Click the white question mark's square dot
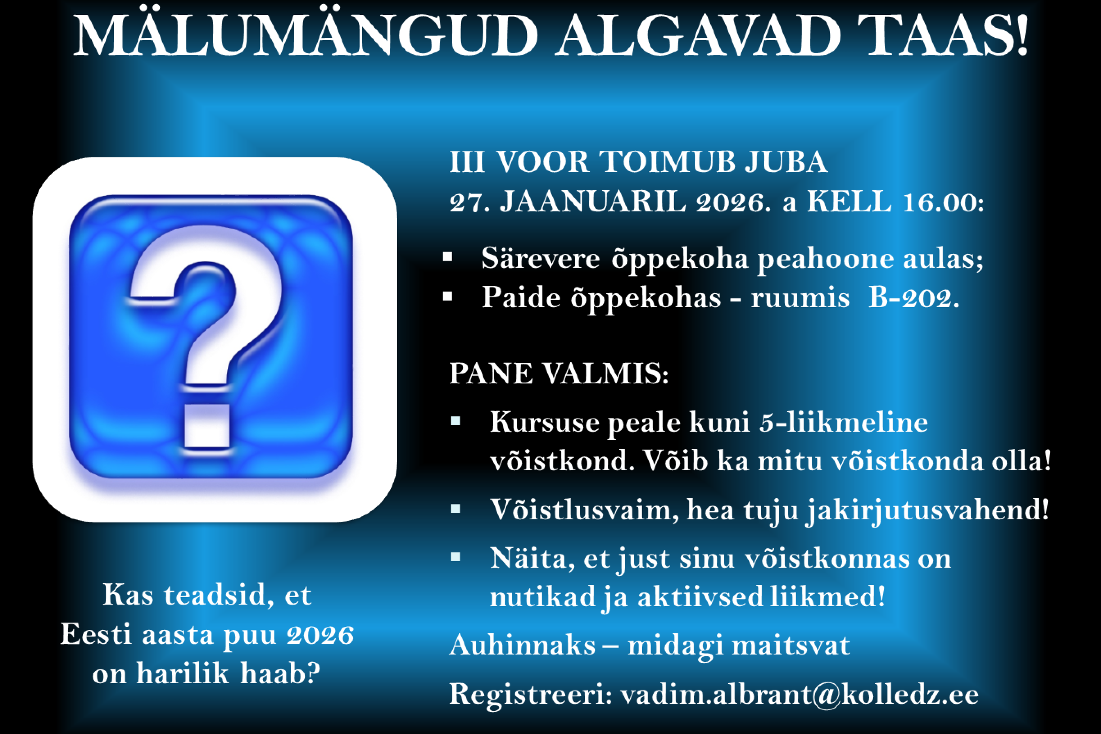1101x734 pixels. coord(207,425)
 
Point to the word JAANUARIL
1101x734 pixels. coord(592,202)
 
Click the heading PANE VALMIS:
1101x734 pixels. coord(559,374)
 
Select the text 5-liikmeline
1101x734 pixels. coord(843,422)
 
